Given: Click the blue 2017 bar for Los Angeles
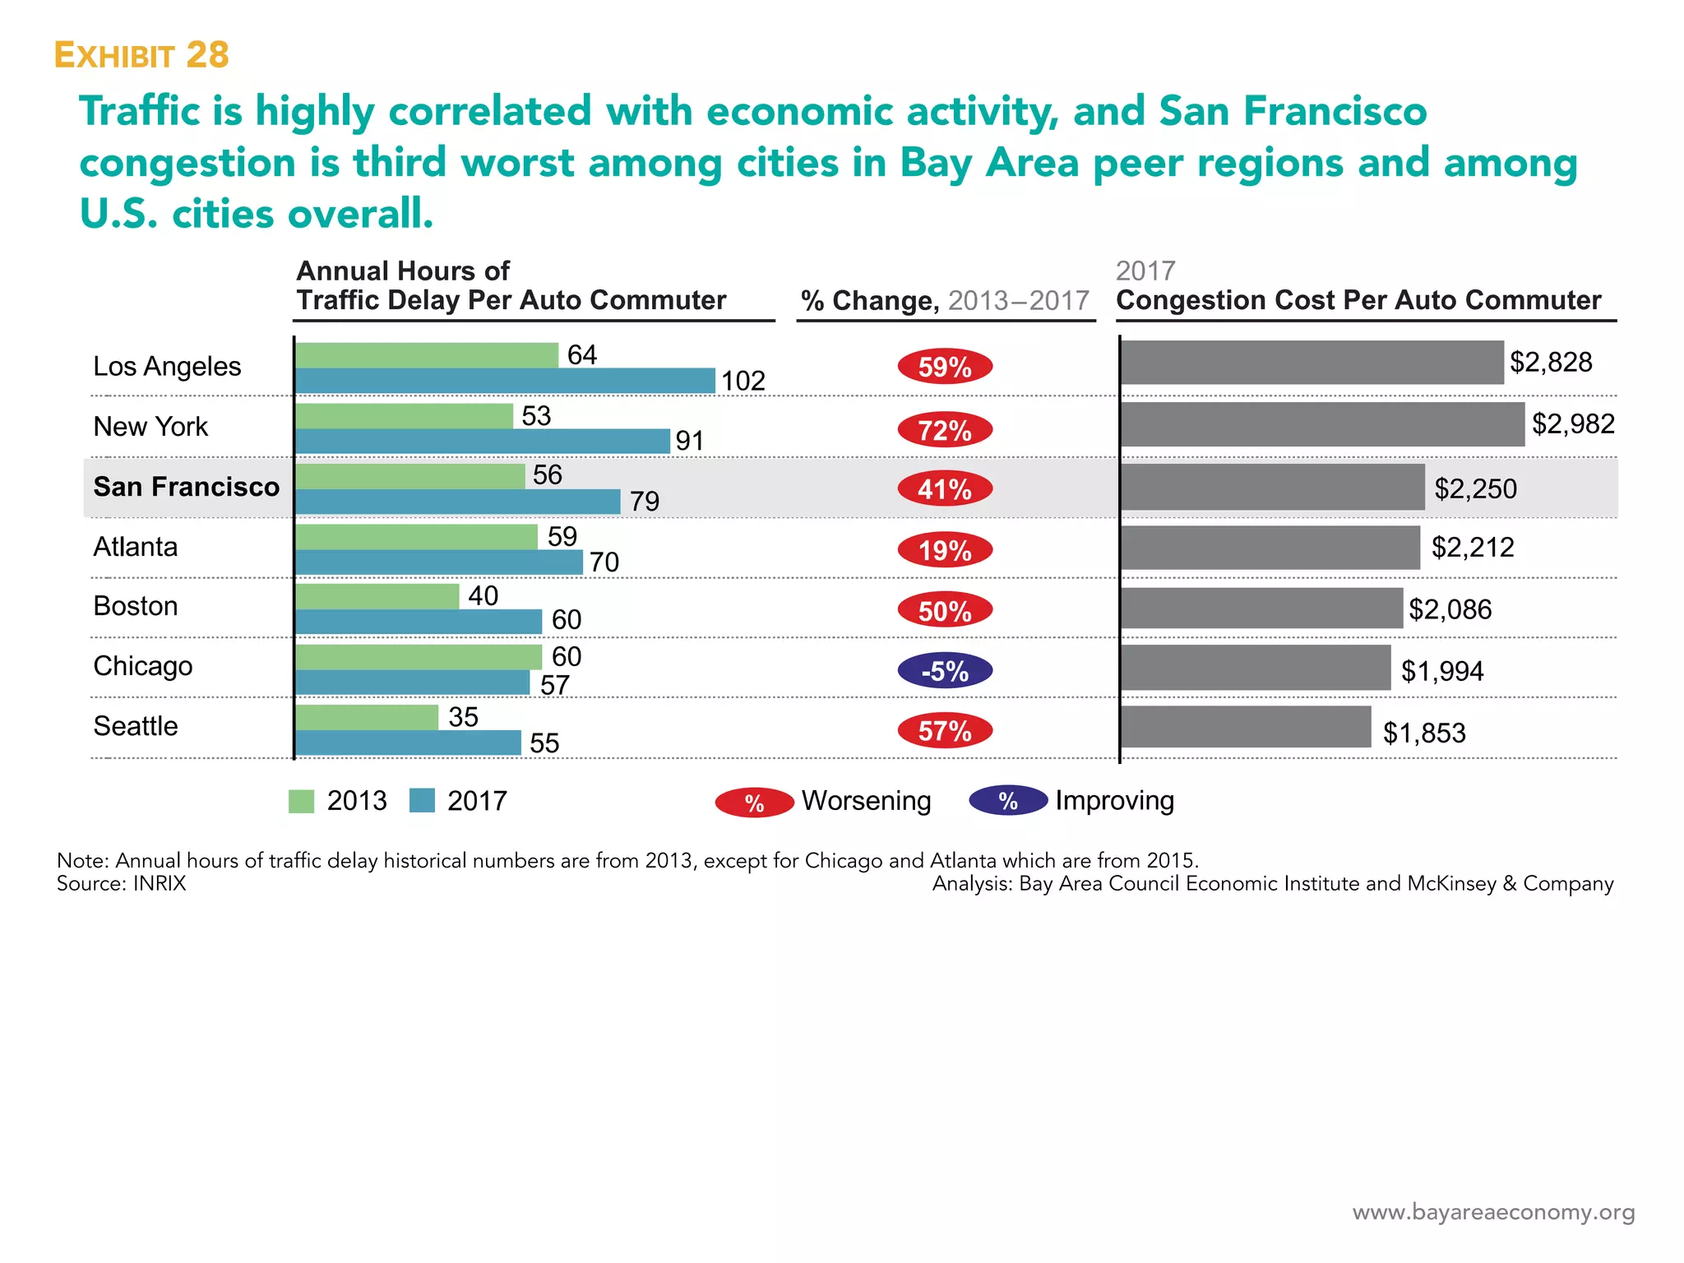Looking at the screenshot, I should [x=505, y=381].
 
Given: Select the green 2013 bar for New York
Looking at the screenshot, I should [x=404, y=416].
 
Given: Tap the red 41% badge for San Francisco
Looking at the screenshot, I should [x=944, y=489].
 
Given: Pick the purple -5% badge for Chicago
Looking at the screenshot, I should [x=944, y=671].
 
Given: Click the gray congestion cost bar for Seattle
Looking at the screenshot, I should [x=1246, y=727].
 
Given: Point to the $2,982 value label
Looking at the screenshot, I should [x=1572, y=424].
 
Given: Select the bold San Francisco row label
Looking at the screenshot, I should [x=186, y=487].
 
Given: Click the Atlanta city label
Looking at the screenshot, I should [x=135, y=547].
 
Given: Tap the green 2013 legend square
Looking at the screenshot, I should [x=301, y=801].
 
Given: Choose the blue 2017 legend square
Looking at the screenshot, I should [x=422, y=801].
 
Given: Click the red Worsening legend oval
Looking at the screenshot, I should [x=754, y=803].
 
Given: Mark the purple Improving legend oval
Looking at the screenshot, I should [x=1008, y=801].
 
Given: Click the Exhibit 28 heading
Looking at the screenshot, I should [x=141, y=55].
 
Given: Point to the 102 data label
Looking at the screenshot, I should [x=743, y=382].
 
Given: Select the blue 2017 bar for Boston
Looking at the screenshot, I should [x=419, y=622].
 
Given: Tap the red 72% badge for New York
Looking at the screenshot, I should [x=944, y=430].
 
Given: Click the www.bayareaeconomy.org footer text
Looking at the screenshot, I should [x=1493, y=1212].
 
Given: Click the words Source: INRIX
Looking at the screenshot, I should [x=122, y=884].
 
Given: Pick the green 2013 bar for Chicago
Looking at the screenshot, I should [x=419, y=657].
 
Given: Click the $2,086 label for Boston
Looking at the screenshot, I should [x=1450, y=609].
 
